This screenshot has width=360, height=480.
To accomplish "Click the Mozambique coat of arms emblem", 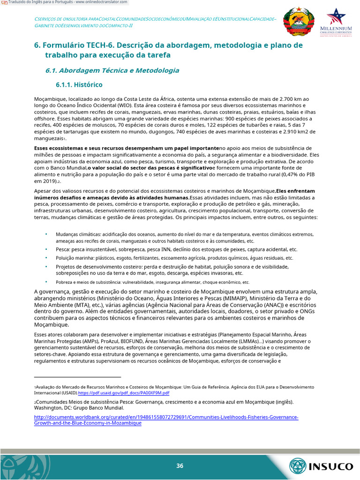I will tap(299, 22).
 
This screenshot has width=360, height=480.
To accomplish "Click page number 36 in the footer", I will tap(180, 465).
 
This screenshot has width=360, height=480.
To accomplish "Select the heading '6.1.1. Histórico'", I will tap(79, 85).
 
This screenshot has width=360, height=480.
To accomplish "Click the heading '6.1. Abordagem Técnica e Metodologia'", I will tap(112, 70).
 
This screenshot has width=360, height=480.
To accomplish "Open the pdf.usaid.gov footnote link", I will tap(123, 393).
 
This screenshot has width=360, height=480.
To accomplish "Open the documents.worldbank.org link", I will tap(166, 417).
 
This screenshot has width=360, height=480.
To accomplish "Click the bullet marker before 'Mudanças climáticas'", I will tap(46, 233).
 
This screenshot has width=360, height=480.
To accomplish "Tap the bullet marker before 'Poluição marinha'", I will tap(46, 257).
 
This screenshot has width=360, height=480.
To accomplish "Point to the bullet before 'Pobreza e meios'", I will tap(46, 282).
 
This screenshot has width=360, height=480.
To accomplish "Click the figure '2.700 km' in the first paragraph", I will tap(292, 99).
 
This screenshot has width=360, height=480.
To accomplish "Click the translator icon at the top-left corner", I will tap(4, 2).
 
